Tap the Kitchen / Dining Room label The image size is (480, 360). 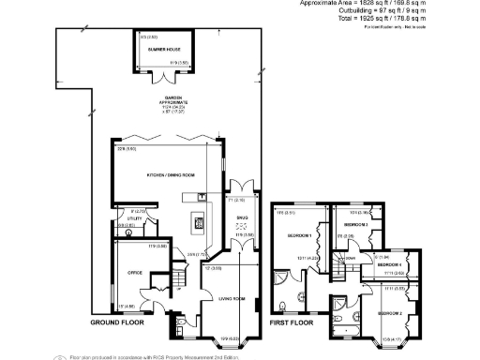click(x=169, y=176)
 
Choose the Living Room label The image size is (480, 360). click(x=232, y=300)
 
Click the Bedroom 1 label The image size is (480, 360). click(x=299, y=235)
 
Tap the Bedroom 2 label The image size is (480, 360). click(x=390, y=312)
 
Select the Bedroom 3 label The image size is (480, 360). click(x=355, y=225)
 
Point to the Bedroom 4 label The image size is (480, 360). click(x=389, y=265)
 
